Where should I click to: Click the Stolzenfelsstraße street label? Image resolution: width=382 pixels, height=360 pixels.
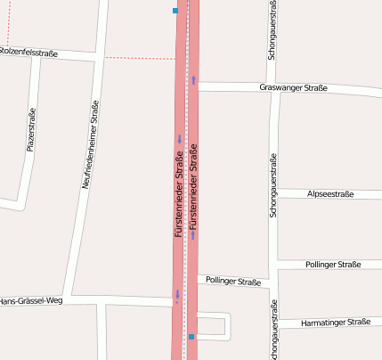pyautogui.click(x=28, y=53)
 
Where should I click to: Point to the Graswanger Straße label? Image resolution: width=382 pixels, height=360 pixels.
pyautogui.click(x=293, y=87)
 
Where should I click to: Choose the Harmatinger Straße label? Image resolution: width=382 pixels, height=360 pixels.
pyautogui.click(x=336, y=322)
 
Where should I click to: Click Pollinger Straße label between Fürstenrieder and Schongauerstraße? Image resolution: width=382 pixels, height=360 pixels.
pyautogui.click(x=232, y=281)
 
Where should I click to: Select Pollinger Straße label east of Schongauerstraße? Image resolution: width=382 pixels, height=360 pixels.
pyautogui.click(x=333, y=265)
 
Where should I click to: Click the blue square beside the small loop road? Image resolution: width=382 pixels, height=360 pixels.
pyautogui.click(x=191, y=337)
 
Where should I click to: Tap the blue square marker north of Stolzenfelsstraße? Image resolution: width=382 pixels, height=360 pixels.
pyautogui.click(x=175, y=11)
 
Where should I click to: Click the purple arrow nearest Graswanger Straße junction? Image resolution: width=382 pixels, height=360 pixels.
pyautogui.click(x=192, y=80)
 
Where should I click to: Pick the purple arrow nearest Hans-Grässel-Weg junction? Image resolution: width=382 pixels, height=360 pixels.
pyautogui.click(x=178, y=294)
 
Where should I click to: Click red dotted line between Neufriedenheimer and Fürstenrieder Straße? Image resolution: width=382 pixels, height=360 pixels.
pyautogui.click(x=138, y=58)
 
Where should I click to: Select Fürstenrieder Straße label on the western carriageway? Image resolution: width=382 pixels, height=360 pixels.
pyautogui.click(x=179, y=194)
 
